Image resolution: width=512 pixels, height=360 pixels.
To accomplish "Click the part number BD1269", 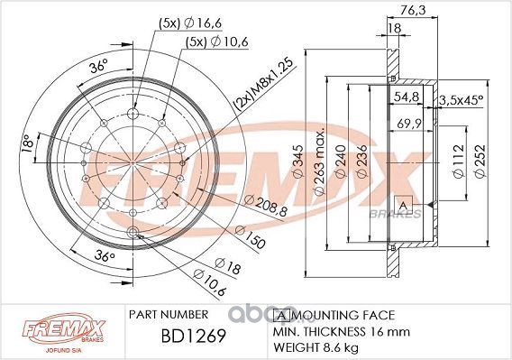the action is tap(193, 336).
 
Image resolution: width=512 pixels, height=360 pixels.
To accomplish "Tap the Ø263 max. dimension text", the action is tap(320, 162).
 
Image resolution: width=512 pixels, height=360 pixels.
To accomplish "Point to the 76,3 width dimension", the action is tap(413, 10).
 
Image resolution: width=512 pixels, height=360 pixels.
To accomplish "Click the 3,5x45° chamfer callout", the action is tap(461, 100).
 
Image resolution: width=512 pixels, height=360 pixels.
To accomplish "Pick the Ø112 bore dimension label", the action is tap(459, 162).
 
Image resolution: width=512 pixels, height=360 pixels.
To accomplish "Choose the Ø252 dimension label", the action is tap(480, 162).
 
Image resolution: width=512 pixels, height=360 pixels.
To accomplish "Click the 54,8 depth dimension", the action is tap(407, 97).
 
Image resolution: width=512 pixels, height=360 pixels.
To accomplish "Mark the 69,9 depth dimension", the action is tap(410, 124).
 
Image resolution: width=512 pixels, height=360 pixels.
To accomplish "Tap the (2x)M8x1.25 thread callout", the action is tap(263, 84).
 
